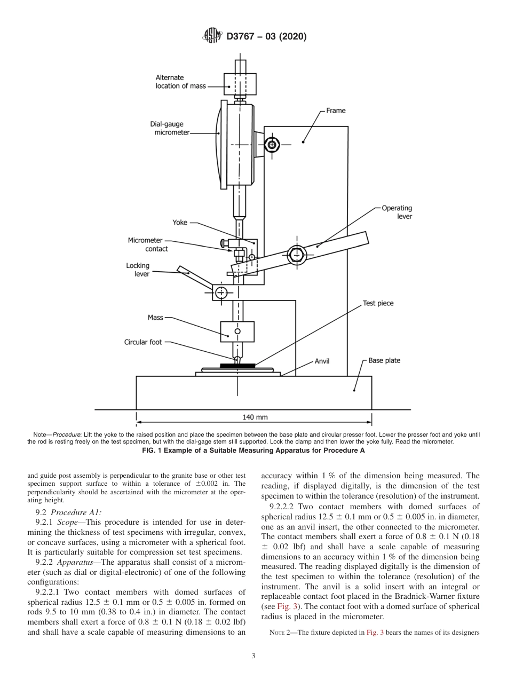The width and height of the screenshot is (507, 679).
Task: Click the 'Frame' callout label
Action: pyautogui.click(x=336, y=110)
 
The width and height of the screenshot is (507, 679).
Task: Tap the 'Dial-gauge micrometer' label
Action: pyautogui.click(x=169, y=128)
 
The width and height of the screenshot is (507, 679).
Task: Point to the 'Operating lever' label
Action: pyautogui.click(x=397, y=212)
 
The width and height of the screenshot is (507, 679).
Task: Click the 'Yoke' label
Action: pyautogui.click(x=180, y=223)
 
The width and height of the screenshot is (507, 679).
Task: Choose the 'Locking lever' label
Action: pyautogui.click(x=138, y=270)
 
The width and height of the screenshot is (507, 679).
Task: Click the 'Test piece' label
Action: pyautogui.click(x=378, y=303)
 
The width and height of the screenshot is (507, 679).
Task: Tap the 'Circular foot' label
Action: pyautogui.click(x=143, y=342)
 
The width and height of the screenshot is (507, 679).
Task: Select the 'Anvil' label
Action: pyautogui.click(x=322, y=361)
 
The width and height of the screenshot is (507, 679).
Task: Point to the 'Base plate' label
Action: pyautogui.click(x=384, y=361)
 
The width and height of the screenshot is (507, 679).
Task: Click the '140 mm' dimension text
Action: pyautogui.click(x=255, y=417)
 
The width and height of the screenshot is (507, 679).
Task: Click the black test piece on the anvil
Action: pyautogui.click(x=237, y=366)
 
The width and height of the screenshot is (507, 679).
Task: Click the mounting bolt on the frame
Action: pyautogui.click(x=273, y=145)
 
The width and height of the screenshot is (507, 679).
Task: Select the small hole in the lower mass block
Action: pyautogui.click(x=237, y=331)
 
